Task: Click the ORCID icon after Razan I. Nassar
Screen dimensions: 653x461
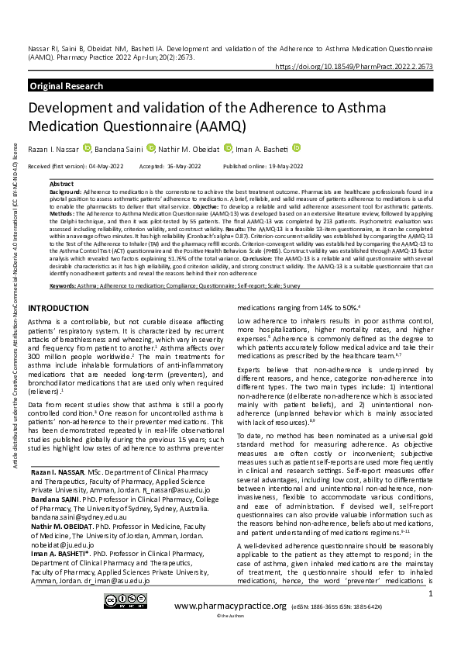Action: click(x=87, y=148)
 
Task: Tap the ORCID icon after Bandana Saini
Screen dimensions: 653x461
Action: click(x=151, y=148)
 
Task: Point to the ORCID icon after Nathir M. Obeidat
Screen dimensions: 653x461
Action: click(x=228, y=148)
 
